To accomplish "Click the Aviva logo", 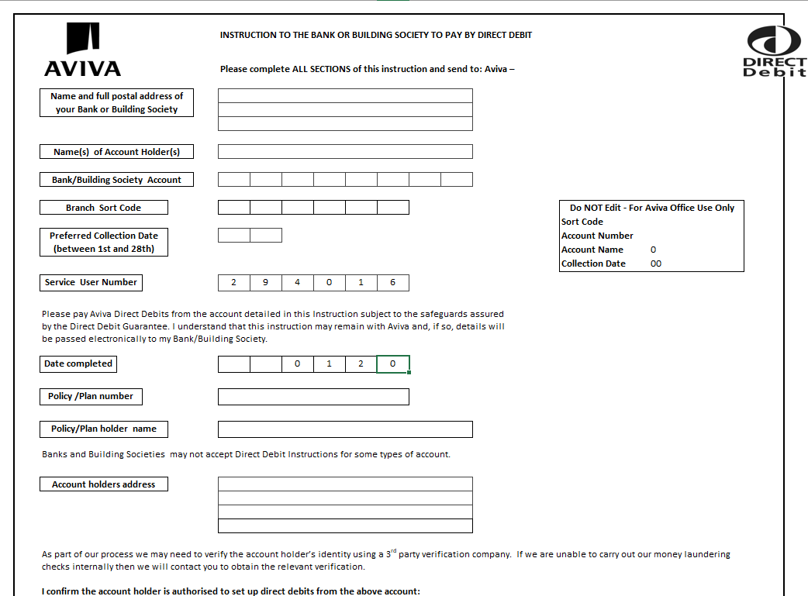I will point(82,50).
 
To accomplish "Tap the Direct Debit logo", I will point(774,51).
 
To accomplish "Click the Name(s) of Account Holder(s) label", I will point(116,152).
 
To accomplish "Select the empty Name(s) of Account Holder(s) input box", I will point(345,151).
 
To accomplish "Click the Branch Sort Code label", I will point(103,208).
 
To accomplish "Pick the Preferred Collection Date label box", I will point(103,242).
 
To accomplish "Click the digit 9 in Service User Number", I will point(266,282).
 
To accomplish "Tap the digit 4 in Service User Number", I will point(298,282).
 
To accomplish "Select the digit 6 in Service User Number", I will point(393,282).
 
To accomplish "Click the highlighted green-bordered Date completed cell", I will point(393,363).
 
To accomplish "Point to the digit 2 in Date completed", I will point(361,363).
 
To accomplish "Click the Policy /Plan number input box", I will point(313,397).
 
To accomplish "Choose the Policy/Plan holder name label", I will point(103,429).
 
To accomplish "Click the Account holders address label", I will point(103,484).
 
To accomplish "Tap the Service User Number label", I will point(91,282).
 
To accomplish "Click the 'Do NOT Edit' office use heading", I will point(651,208).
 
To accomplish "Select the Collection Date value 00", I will point(656,264).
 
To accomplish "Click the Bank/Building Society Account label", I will point(116,180).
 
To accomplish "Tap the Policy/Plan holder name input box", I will point(345,429).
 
